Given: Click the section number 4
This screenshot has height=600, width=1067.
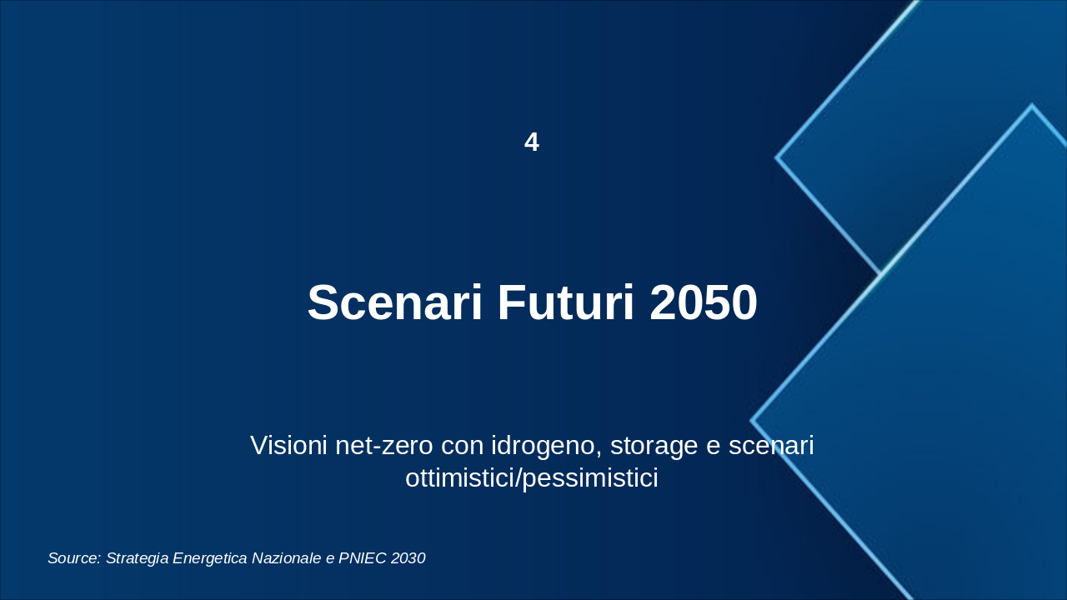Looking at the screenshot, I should [x=532, y=142].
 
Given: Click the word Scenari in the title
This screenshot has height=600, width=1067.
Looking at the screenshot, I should [x=394, y=302].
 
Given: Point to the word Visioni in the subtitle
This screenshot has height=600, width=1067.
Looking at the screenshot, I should [x=289, y=445].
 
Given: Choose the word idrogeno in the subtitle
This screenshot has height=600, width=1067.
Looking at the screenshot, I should [x=543, y=447].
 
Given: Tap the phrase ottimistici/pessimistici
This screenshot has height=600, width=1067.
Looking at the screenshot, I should [x=532, y=478].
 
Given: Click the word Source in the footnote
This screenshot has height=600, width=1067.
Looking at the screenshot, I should [x=74, y=558].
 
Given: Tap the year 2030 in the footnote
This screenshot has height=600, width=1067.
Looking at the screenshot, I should [x=408, y=558].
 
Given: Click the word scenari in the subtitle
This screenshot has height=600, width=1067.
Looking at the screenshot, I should [x=771, y=445].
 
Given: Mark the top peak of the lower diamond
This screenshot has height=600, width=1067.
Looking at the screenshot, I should [x=1031, y=106].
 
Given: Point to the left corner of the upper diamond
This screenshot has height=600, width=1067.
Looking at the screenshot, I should [x=777, y=157].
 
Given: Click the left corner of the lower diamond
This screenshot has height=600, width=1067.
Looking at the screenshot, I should [x=752, y=421].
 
